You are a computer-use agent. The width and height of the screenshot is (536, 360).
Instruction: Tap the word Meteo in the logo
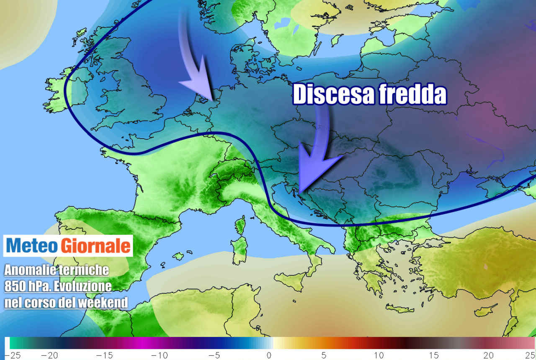pos(32,246)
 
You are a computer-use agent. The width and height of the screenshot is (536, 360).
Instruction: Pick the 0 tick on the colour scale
pos(269,355)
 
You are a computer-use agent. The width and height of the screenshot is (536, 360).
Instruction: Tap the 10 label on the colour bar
pos(379,355)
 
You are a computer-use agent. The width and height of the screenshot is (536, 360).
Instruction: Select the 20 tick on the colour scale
pos(488,355)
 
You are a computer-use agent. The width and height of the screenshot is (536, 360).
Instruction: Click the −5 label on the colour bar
pos(214,355)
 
